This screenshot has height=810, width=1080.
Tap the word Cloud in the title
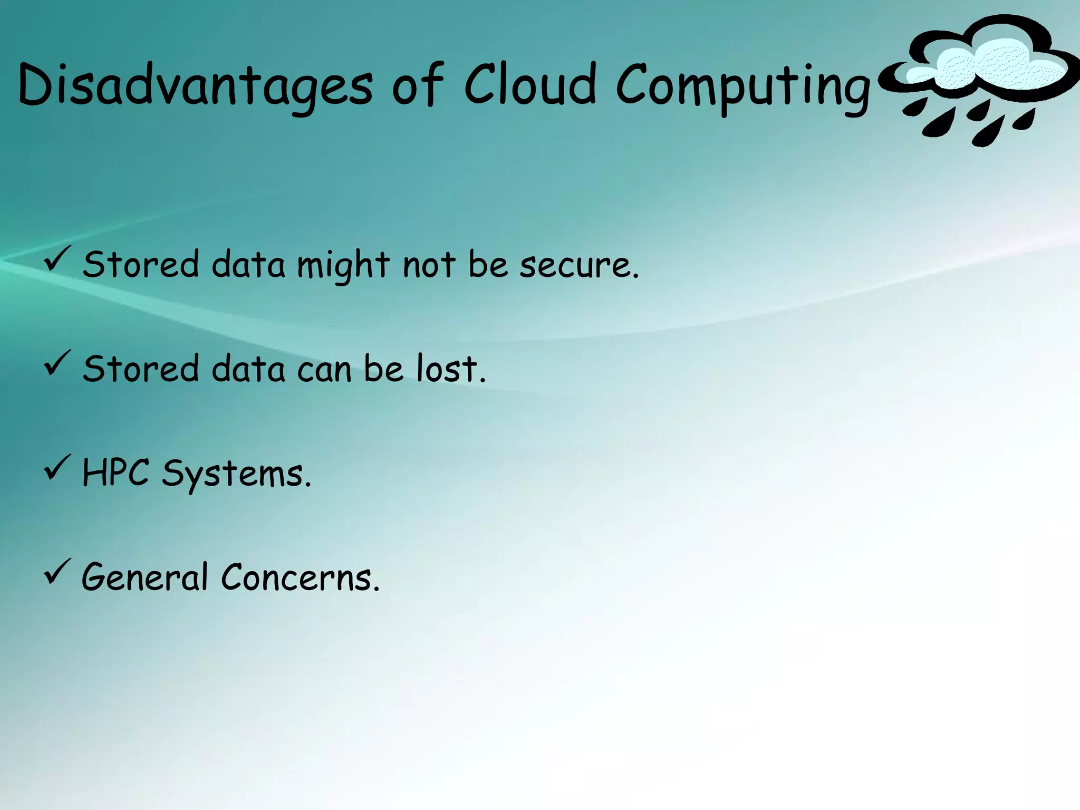[530, 84]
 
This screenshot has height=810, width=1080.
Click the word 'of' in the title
[418, 84]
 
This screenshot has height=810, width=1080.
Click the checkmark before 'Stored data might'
[57, 259]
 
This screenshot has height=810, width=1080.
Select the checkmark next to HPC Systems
[57, 467]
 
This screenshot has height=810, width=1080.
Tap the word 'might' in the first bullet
[343, 265]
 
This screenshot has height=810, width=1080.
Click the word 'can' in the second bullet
[324, 369]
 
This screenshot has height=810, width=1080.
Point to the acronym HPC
[115, 472]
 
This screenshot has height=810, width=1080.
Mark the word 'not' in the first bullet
[429, 265]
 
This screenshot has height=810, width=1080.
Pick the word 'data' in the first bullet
[248, 264]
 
